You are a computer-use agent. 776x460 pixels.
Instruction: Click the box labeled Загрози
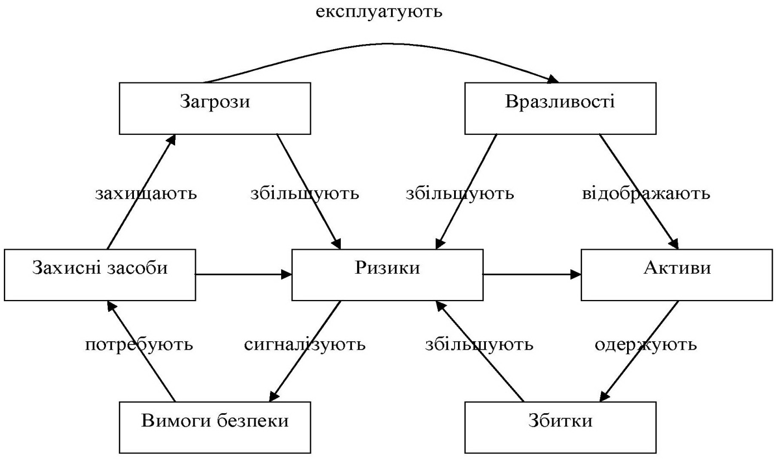pyautogui.click(x=215, y=108)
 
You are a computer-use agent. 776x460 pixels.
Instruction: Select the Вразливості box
pyautogui.click(x=560, y=108)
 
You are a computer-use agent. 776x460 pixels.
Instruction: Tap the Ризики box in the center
pyautogui.click(x=387, y=274)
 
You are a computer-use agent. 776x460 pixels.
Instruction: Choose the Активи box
pyautogui.click(x=677, y=274)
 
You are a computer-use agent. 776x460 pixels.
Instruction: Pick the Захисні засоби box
pyautogui.click(x=99, y=274)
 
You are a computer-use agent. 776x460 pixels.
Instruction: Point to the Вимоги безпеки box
pyautogui.click(x=215, y=427)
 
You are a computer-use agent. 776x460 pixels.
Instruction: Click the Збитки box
pyautogui.click(x=560, y=427)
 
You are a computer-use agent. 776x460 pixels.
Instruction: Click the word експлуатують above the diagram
pyautogui.click(x=379, y=12)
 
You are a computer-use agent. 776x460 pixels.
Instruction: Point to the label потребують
pyautogui.click(x=139, y=345)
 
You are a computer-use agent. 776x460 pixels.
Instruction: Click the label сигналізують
pyautogui.click(x=305, y=345)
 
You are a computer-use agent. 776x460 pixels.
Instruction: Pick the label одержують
pyautogui.click(x=645, y=345)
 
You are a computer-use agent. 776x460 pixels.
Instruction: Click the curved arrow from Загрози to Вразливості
pyautogui.click(x=385, y=43)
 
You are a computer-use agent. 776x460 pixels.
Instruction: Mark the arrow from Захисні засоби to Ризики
pyautogui.click(x=243, y=274)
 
